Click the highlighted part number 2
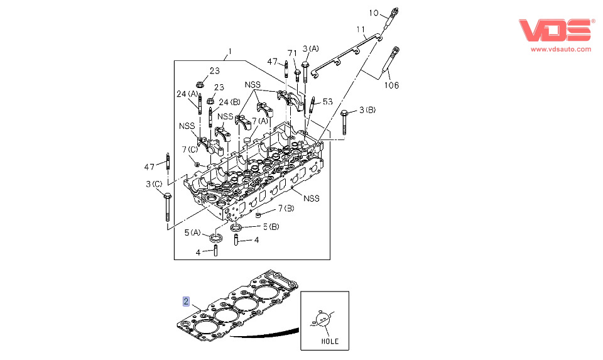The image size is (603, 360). click(186, 300)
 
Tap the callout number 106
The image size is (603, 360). click(391, 85)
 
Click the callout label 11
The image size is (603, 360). click(360, 30)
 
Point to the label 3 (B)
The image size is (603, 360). click(367, 111)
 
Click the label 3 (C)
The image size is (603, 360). click(154, 183)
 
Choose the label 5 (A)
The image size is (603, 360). click(192, 232)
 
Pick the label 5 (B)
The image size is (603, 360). click(270, 226)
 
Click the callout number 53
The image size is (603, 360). click(327, 101)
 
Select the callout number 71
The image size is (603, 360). click(291, 53)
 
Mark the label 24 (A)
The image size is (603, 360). click(187, 94)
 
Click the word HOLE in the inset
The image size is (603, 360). click(330, 341)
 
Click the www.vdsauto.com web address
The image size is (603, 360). click(561, 49)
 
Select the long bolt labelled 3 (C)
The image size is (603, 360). click(168, 207)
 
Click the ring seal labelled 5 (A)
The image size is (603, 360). click(215, 238)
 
